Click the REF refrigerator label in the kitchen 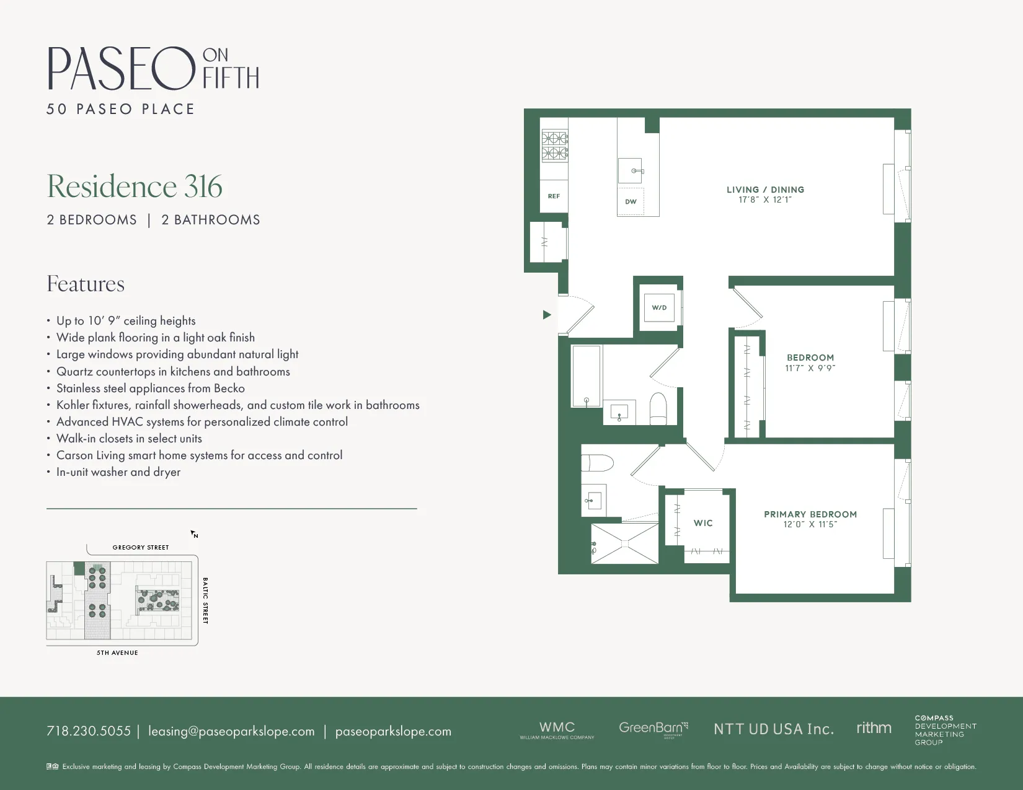point(554,196)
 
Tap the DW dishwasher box point(631,202)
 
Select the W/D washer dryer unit point(659,307)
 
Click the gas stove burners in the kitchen point(555,146)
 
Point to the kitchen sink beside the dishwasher point(630,170)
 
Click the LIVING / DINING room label point(765,190)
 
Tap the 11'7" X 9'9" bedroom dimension point(810,368)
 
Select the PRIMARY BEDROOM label point(810,514)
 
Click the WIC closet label point(703,523)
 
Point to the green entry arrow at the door point(547,315)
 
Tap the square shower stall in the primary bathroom point(624,543)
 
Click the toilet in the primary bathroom point(597,463)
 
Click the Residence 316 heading point(135,187)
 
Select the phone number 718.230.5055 point(89,731)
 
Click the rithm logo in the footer point(874,728)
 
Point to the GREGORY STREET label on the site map point(141,548)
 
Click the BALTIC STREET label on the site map point(205,600)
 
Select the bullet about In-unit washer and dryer point(118,472)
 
